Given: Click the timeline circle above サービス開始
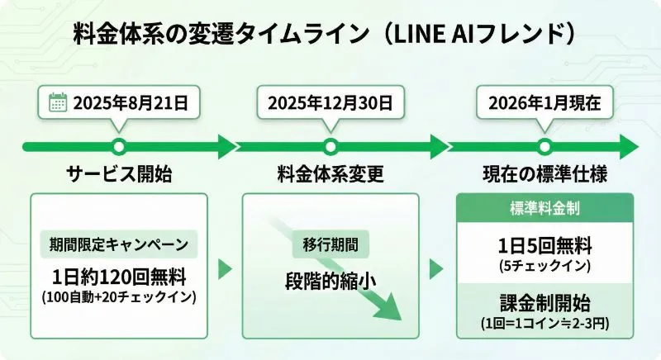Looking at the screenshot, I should click(x=119, y=147).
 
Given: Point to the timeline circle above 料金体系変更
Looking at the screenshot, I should click(x=330, y=147).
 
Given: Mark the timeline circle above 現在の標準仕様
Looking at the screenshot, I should click(x=543, y=147).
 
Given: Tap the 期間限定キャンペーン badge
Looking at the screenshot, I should click(x=119, y=244).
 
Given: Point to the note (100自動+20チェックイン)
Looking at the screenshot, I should click(x=119, y=296).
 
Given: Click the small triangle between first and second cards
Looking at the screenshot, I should click(x=223, y=268).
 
